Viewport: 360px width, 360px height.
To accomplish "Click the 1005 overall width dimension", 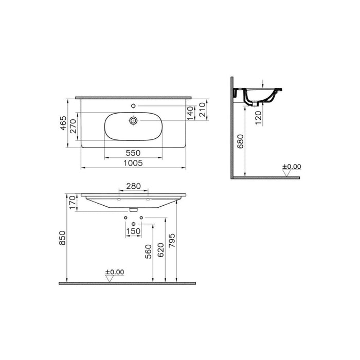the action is click(133, 163).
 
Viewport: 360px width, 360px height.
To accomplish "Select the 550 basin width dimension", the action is click(133, 153).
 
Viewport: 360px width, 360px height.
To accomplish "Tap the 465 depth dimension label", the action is click(63, 123).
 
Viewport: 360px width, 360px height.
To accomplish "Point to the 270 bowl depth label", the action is click(73, 126).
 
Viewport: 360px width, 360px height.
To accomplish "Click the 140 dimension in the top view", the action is click(191, 113).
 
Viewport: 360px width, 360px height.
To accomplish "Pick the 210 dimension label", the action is click(202, 110).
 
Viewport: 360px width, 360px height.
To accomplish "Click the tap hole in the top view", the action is click(133, 106).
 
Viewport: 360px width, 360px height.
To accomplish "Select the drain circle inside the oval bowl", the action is click(133, 120).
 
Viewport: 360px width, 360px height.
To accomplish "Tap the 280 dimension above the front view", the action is click(133, 186).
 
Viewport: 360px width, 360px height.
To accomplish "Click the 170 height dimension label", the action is click(73, 203).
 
